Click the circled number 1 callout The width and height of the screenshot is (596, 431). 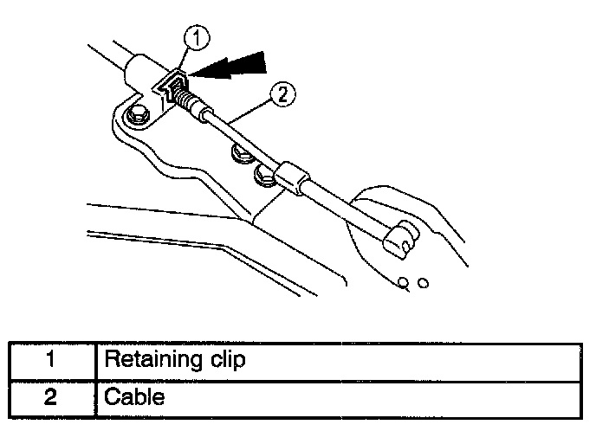click(198, 37)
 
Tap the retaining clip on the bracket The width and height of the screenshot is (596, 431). click(172, 87)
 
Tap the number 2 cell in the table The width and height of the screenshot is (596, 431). click(51, 399)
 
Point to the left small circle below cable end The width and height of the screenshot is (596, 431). click(404, 281)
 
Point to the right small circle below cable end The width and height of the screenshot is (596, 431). click(423, 282)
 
